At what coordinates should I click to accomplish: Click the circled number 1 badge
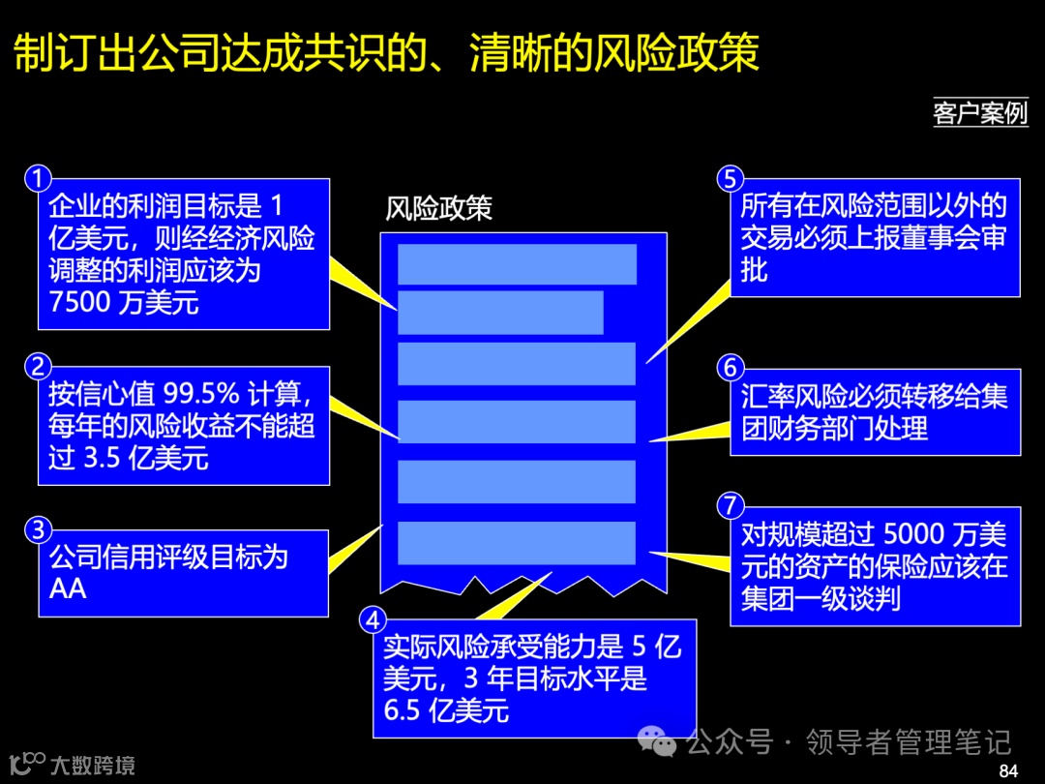[x=38, y=179]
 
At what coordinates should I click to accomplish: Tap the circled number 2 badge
[x=38, y=367]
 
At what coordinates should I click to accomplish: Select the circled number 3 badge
[x=38, y=530]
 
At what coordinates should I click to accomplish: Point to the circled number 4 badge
[x=373, y=619]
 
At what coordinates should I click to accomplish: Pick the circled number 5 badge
[x=731, y=179]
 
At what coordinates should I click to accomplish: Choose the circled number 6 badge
[x=731, y=368]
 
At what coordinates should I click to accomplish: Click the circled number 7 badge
[x=731, y=504]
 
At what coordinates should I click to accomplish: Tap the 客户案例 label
[x=979, y=112]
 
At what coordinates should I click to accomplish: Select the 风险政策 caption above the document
[x=438, y=209]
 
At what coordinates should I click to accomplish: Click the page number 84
[x=1008, y=770]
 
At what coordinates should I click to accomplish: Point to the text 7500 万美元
[x=124, y=302]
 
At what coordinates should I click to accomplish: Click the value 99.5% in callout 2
[x=200, y=396]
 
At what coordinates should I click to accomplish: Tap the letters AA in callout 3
[x=68, y=588]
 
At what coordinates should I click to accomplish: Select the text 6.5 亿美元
[x=446, y=710]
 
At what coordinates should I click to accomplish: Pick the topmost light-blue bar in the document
[x=517, y=264]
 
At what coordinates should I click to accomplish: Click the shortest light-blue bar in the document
[x=500, y=313]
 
